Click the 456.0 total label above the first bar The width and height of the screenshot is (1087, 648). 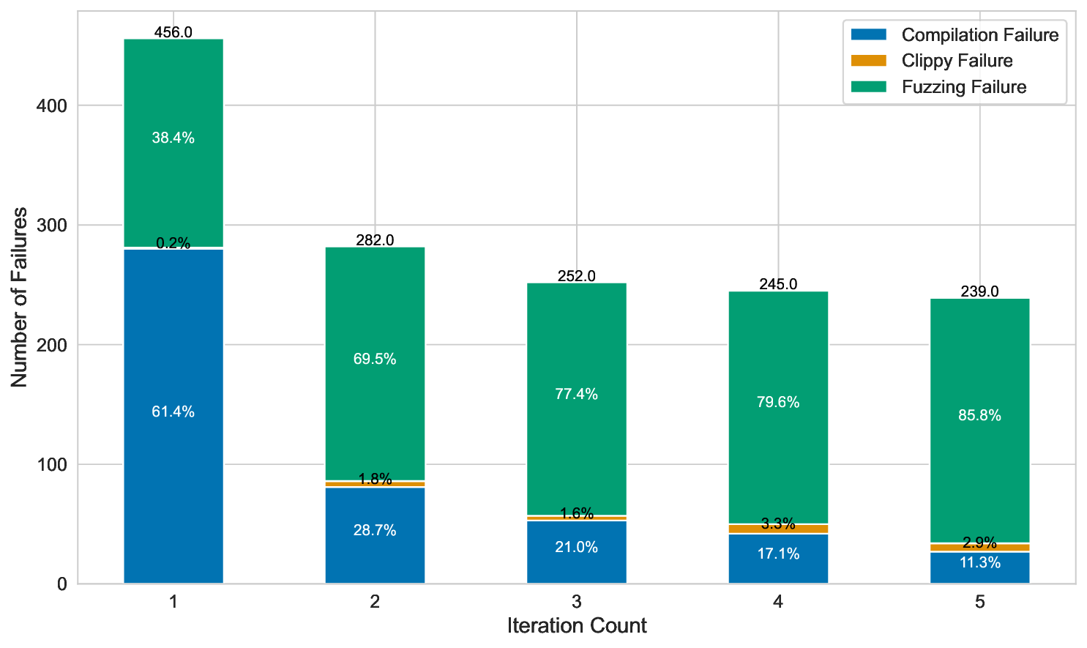click(173, 32)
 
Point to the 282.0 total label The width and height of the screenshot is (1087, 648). click(375, 240)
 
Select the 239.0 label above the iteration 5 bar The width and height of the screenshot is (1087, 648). click(979, 291)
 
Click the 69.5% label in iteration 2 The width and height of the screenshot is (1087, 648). click(375, 359)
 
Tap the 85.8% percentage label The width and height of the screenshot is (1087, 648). click(979, 415)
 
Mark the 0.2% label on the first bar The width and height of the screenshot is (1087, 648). click(173, 243)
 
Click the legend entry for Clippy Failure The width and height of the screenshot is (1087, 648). click(957, 61)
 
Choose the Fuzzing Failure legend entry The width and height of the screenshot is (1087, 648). click(963, 87)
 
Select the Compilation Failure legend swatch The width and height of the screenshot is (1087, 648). click(869, 34)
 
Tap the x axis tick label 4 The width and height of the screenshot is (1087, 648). click(778, 602)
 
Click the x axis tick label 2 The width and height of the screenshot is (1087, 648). click(375, 602)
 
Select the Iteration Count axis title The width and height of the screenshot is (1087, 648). click(577, 626)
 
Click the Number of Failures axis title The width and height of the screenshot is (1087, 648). click(20, 297)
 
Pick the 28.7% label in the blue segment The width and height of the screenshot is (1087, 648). click(375, 530)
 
